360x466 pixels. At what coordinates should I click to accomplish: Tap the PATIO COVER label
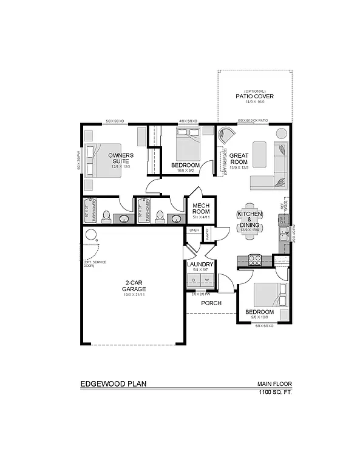click(255, 96)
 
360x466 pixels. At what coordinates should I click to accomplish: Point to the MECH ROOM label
click(200, 208)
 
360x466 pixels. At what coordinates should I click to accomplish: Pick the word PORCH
click(211, 303)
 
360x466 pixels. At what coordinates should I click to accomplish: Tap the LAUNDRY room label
click(200, 265)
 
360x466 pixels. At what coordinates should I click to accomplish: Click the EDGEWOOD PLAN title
click(113, 383)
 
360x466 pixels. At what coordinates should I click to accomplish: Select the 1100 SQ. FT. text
click(274, 393)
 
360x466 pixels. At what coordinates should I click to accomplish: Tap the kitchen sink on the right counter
click(283, 234)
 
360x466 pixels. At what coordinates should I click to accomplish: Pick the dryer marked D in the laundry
click(194, 280)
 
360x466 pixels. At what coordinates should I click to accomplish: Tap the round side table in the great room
click(282, 133)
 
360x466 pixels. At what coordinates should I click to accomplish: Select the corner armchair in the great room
click(226, 135)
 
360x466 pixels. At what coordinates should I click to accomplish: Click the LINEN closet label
click(194, 231)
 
